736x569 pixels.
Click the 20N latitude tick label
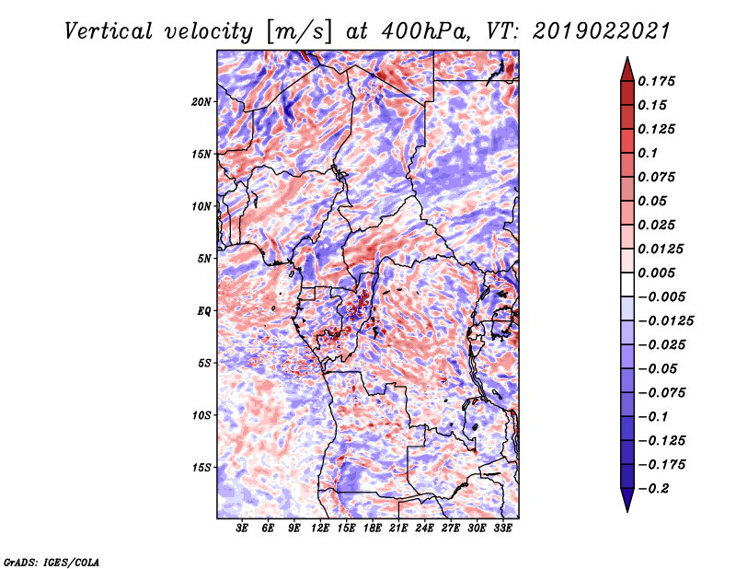(x=201, y=101)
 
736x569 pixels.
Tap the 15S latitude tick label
(x=201, y=467)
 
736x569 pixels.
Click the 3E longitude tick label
(x=242, y=529)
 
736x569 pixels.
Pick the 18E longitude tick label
(x=373, y=529)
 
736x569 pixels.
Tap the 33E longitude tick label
(x=502, y=529)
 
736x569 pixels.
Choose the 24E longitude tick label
(x=424, y=529)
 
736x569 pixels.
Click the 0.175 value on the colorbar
(x=660, y=81)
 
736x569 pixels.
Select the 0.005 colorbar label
(x=660, y=273)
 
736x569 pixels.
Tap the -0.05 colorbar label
(x=660, y=368)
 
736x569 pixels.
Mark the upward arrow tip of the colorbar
(x=627, y=61)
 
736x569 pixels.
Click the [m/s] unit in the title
(x=298, y=32)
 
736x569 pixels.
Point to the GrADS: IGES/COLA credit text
(x=51, y=561)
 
